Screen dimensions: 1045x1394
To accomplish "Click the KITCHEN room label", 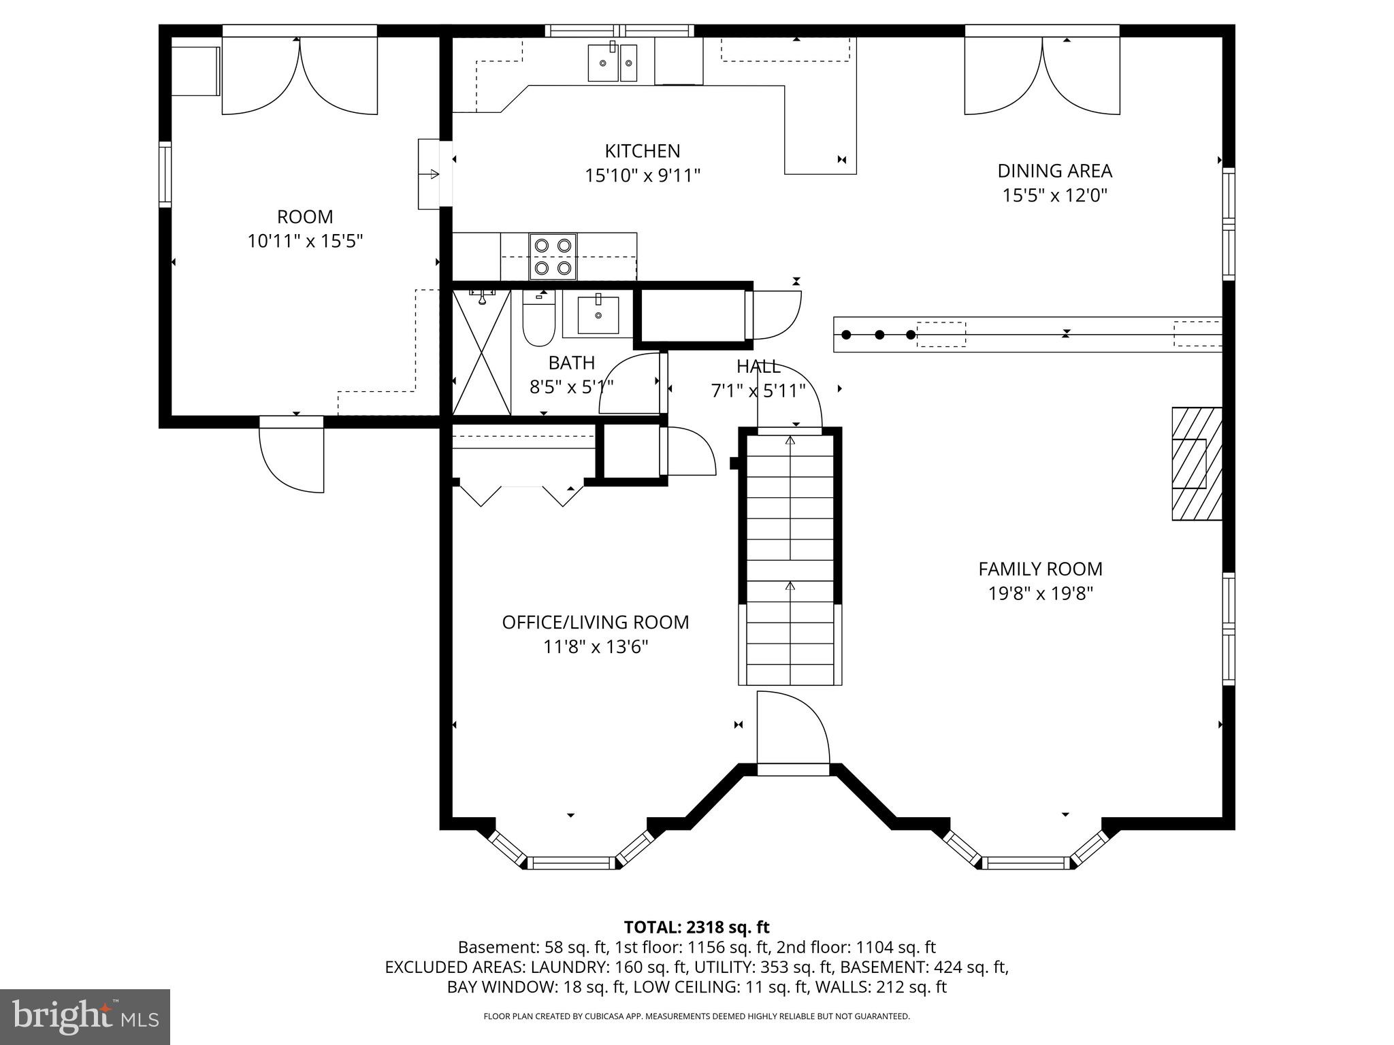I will tap(642, 151).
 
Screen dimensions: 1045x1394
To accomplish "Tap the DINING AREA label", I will tap(1054, 171).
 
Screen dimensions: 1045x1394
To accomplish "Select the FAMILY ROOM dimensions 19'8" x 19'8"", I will tap(1040, 594).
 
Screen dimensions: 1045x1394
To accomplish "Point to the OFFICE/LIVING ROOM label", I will tap(595, 623).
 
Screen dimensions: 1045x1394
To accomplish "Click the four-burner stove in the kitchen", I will tap(552, 256).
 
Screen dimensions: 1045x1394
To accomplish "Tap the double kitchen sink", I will tap(613, 63).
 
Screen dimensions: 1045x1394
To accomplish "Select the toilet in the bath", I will tap(538, 320).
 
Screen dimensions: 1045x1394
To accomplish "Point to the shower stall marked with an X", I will tap(481, 352).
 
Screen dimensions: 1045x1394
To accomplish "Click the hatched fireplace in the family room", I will tap(1196, 464).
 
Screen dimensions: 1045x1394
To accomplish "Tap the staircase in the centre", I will tap(790, 558).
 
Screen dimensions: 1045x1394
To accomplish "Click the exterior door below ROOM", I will tap(291, 452).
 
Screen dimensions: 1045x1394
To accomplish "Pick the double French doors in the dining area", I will tap(1041, 75).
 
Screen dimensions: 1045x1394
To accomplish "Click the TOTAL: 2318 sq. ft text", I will tap(696, 927).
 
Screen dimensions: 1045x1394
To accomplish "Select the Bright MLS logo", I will tap(85, 1016).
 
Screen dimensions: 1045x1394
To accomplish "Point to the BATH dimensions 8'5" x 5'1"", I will tap(571, 387).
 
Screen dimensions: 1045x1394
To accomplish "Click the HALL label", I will tap(758, 367).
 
